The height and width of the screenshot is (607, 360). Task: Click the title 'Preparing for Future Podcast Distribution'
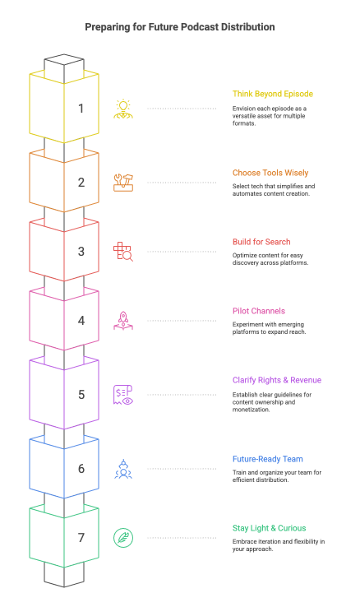(180, 27)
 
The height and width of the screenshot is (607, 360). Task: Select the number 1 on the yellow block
(81, 108)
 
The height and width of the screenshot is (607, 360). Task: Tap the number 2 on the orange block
(81, 183)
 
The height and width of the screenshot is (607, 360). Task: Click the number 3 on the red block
(81, 252)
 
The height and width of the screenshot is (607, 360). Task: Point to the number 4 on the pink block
(81, 321)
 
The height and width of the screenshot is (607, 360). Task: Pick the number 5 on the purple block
(81, 395)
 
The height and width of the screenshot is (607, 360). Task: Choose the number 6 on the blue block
(81, 469)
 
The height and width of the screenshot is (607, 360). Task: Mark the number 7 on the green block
(81, 538)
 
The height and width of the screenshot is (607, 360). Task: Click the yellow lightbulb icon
(123, 108)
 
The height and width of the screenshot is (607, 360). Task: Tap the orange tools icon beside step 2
(123, 182)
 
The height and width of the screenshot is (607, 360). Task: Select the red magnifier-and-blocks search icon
(123, 252)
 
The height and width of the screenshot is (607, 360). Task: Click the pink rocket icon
(123, 321)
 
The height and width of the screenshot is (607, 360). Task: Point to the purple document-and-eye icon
(123, 395)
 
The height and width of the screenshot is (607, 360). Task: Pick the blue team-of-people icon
(123, 469)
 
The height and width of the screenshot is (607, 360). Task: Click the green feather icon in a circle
(123, 538)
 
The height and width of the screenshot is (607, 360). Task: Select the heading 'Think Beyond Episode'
(272, 94)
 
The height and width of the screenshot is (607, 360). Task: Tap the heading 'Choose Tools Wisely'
(270, 174)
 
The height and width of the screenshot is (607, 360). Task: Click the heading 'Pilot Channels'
(259, 311)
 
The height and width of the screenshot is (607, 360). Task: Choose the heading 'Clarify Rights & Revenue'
(277, 380)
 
